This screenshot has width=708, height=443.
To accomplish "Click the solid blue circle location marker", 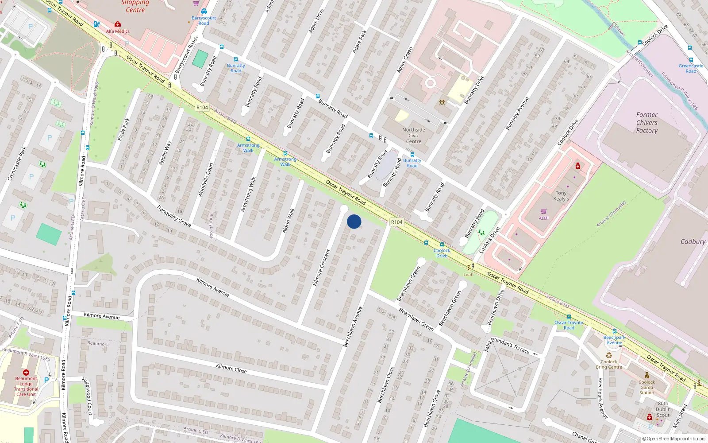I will (x=354, y=221).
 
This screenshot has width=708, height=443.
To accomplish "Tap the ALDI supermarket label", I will (x=543, y=218).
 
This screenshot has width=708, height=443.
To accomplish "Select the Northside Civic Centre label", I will (x=413, y=136).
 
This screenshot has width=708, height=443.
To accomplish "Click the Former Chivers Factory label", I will (x=646, y=123).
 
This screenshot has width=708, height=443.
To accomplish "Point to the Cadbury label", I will (x=693, y=242).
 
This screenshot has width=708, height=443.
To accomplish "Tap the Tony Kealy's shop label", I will (x=561, y=196).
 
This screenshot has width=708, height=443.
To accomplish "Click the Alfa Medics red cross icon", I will (x=117, y=24).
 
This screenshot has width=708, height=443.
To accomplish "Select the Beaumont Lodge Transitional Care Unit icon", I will (x=26, y=373).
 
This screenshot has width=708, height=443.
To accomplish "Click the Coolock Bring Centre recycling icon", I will (x=609, y=355).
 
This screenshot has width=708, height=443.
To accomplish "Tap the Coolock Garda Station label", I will (x=646, y=387).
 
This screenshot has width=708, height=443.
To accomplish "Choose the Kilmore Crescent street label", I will (x=322, y=267).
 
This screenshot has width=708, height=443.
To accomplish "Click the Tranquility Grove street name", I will (x=174, y=216).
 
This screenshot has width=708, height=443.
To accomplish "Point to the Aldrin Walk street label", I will (x=288, y=221).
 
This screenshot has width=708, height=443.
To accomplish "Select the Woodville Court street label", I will (x=206, y=179).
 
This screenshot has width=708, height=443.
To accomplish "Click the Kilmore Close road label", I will (x=231, y=368).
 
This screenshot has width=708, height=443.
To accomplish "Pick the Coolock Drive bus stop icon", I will (x=442, y=245).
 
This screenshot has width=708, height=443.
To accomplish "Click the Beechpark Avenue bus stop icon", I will (x=614, y=331).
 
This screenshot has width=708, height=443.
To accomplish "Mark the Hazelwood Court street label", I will (x=88, y=396).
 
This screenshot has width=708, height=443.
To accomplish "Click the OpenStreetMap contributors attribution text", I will (x=673, y=439).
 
